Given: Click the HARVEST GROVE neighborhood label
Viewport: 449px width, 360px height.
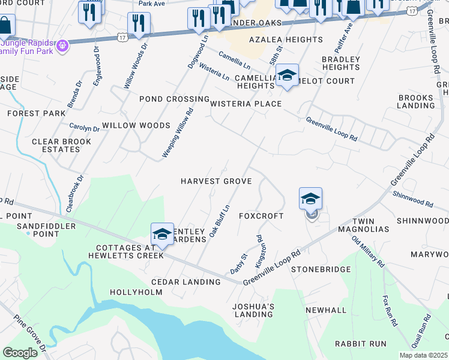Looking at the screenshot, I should point(215,181).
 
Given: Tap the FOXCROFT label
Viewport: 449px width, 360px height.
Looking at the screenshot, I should point(261,215).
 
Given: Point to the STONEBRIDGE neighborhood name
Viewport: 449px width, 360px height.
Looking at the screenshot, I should point(321,269).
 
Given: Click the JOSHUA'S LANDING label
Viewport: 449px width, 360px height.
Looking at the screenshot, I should point(254,310).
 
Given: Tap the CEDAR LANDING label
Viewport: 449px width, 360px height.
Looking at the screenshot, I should point(186,282).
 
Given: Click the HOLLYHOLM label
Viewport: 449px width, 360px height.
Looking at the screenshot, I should point(136,292).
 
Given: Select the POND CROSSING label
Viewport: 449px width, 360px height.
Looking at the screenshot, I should point(174,99).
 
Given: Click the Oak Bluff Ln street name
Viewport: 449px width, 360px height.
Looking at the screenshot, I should point(219,221).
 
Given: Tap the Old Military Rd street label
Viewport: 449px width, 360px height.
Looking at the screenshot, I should point(368,252).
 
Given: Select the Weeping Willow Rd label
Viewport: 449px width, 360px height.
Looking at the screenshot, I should point(178,133).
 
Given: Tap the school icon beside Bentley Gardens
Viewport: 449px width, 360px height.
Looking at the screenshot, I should point(162,234).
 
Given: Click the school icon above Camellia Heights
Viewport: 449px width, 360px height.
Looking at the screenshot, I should point(288,76).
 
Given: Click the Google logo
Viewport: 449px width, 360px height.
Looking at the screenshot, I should point(20,353).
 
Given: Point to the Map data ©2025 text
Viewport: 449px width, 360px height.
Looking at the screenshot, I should point(424,355).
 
